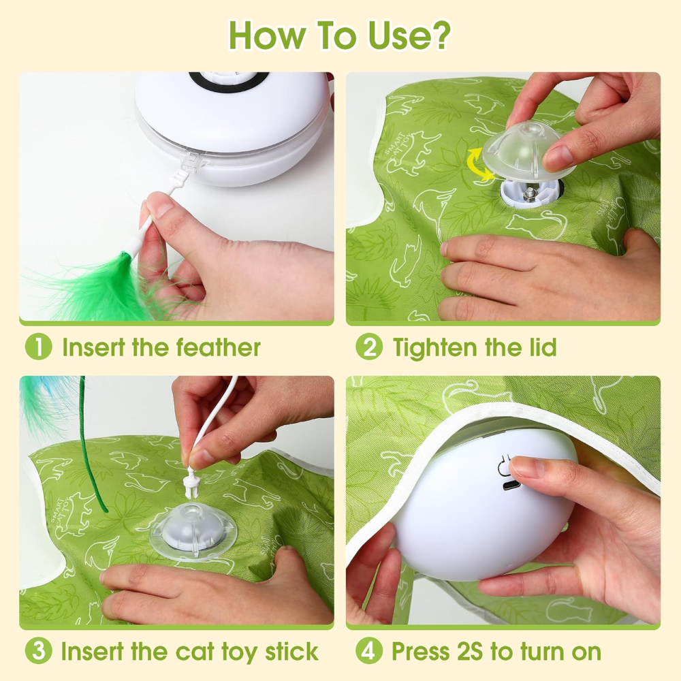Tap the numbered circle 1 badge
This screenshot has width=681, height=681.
[38, 347]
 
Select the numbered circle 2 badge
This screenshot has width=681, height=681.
[368, 347]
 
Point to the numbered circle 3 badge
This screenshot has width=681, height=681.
[38, 652]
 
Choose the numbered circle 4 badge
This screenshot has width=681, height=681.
[368, 652]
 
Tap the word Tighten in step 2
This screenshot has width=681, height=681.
[436, 347]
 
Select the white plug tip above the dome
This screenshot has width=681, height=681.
[191, 483]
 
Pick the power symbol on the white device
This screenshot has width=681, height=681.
[507, 464]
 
